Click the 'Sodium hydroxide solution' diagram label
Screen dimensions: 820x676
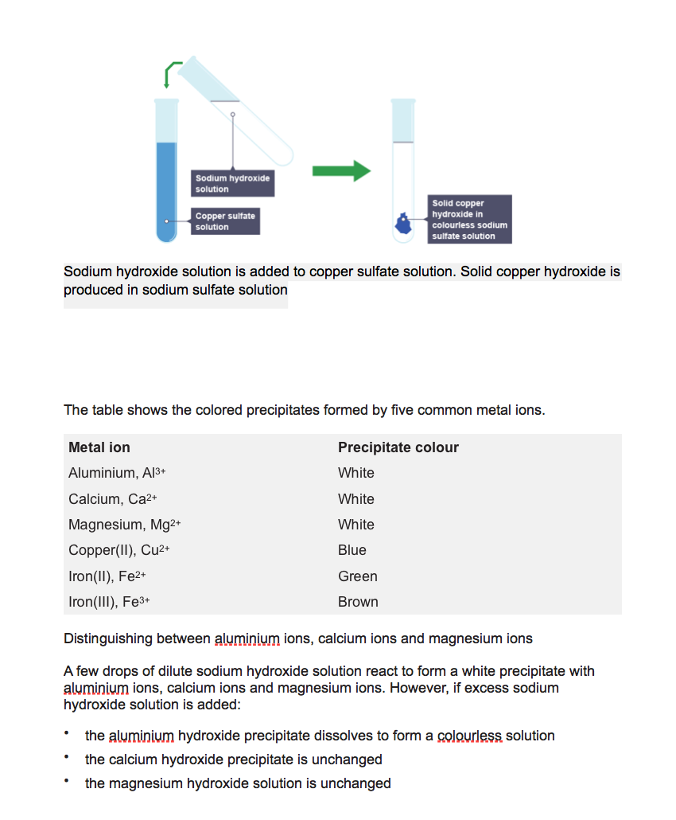(x=232, y=183)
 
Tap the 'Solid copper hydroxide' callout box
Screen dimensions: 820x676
(x=468, y=219)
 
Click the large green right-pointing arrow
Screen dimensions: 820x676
(x=341, y=170)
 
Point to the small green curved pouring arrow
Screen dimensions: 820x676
(x=172, y=73)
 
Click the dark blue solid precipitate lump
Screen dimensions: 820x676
(x=404, y=224)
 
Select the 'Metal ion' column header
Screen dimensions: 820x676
(x=99, y=447)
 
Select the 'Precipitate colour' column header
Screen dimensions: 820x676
(x=398, y=447)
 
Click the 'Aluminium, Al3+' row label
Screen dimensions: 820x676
(x=116, y=473)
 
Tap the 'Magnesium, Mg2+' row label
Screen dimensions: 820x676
(x=125, y=525)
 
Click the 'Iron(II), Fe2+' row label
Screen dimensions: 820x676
(x=107, y=576)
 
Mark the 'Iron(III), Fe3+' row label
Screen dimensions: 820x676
(x=110, y=602)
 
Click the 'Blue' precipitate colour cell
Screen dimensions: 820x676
(x=352, y=550)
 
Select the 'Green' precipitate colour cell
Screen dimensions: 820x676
(x=357, y=576)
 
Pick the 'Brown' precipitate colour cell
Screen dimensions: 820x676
(x=358, y=602)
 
